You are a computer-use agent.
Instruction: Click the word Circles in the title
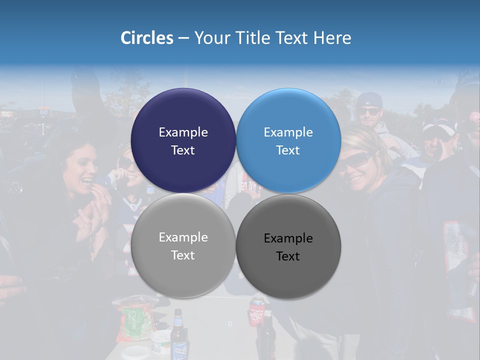click(147, 38)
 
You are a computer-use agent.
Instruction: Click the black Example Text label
click(288, 247)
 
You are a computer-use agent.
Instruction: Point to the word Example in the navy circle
click(183, 132)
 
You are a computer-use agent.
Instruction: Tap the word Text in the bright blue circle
click(288, 150)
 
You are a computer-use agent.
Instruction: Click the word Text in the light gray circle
click(183, 255)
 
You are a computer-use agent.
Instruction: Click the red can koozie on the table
click(256, 312)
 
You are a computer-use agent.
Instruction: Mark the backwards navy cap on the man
click(370, 99)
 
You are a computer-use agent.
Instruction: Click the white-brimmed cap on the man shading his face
click(439, 126)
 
